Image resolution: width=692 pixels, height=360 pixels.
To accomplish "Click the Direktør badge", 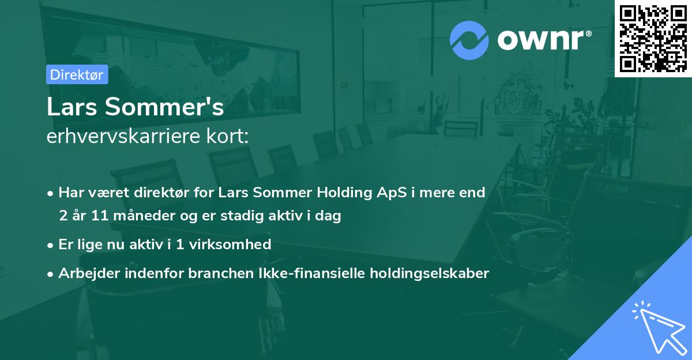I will (x=77, y=74).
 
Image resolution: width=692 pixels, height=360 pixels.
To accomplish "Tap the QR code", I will (x=653, y=38).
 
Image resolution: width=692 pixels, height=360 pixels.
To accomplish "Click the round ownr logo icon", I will (x=470, y=40).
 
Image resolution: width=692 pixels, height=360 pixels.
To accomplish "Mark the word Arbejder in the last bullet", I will (x=85, y=273).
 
